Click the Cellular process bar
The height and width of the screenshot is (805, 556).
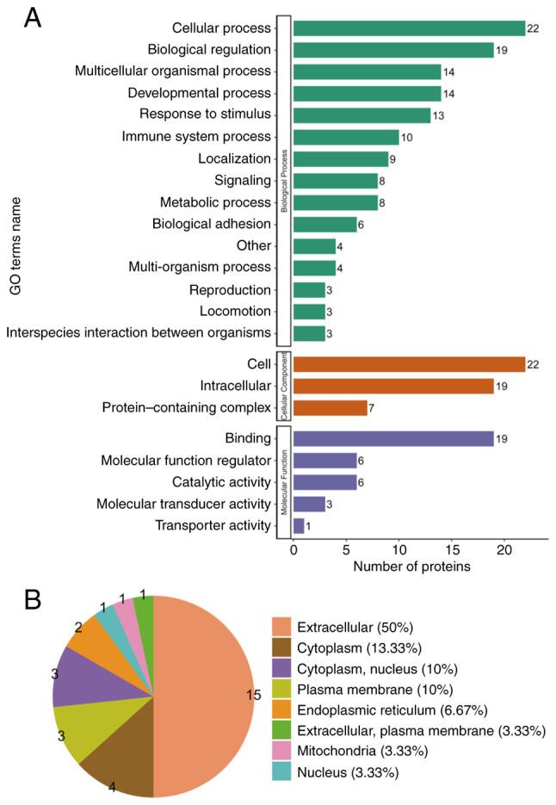click(409, 28)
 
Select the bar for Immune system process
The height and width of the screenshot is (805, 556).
click(346, 137)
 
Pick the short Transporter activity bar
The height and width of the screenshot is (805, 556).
click(299, 526)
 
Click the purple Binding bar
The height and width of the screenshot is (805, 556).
click(393, 439)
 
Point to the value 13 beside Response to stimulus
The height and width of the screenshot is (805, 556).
click(439, 115)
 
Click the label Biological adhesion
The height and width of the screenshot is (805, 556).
click(210, 224)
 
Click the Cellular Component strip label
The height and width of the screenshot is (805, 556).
click(283, 385)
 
